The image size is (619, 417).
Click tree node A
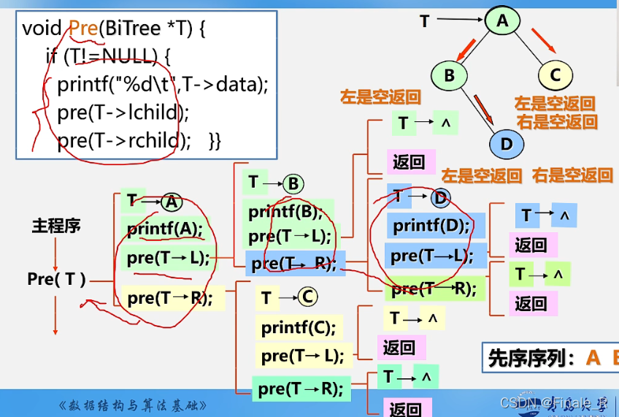pyautogui.click(x=502, y=20)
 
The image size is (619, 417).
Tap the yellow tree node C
pyautogui.click(x=555, y=74)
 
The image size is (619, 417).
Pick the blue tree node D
pyautogui.click(x=507, y=143)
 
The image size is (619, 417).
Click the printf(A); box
pyautogui.click(x=164, y=229)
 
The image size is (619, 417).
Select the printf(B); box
pyautogui.click(x=285, y=213)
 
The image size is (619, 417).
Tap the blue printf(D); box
pyautogui.click(x=431, y=225)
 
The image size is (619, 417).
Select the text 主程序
pyautogui.click(x=55, y=226)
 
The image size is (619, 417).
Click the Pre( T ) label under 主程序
pyautogui.click(x=56, y=278)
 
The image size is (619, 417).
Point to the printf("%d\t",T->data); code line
pyautogui.click(x=163, y=85)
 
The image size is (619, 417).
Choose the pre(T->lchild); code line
pyautogui.click(x=123, y=112)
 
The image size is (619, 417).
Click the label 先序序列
pyautogui.click(x=531, y=357)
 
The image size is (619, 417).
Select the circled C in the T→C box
pyautogui.click(x=307, y=297)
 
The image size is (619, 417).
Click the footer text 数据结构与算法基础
pyautogui.click(x=133, y=405)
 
